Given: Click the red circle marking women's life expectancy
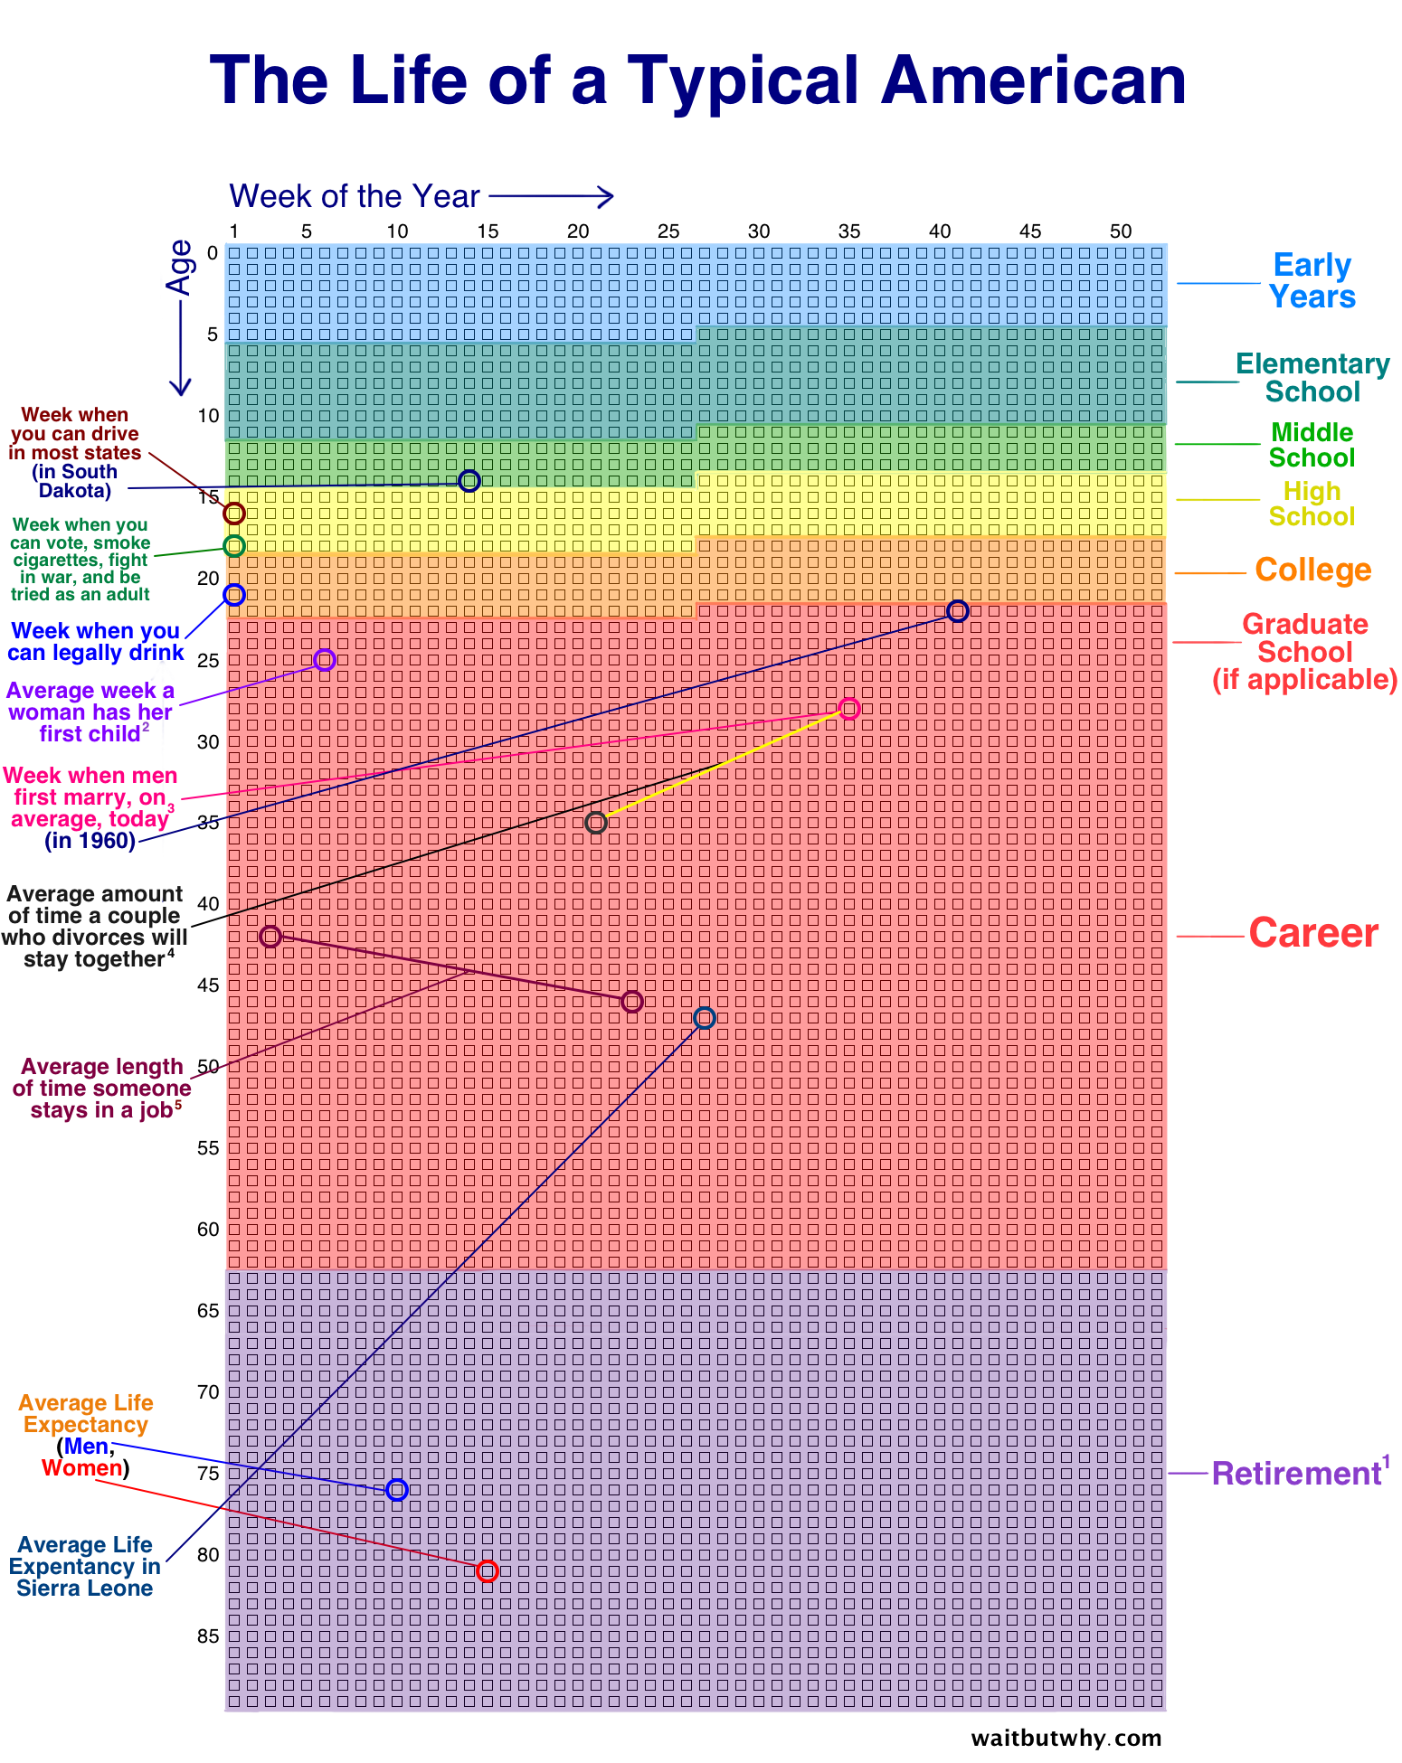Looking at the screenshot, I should (487, 1570).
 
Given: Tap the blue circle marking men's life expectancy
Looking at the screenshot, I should (396, 1489).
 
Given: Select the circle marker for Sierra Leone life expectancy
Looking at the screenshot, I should (704, 1018).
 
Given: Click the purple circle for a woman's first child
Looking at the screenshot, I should (324, 659).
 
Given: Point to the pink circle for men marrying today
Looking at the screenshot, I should (848, 708).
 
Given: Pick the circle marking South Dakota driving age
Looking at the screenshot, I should (469, 480).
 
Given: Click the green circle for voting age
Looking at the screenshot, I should (233, 545).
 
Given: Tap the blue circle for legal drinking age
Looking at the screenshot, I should (233, 594).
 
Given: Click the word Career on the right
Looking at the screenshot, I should (1312, 933).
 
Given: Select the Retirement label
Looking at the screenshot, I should (1295, 1474).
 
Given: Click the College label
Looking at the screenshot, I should (1312, 570).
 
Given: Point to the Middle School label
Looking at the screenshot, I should (1312, 445).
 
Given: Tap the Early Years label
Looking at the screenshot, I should (1312, 280).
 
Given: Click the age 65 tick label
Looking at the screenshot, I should (208, 1310).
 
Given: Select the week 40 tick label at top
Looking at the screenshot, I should (939, 231).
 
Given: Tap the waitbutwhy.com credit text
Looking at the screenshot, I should (1066, 1738).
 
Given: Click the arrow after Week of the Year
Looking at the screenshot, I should (552, 196).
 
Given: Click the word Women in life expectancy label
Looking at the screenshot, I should (81, 1468).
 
